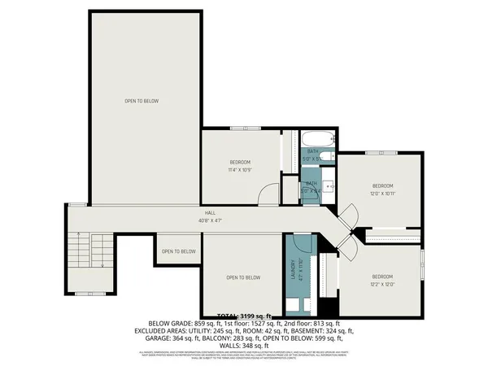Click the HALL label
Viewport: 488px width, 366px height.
(x=209, y=212)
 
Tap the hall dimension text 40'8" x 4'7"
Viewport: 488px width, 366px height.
(x=209, y=220)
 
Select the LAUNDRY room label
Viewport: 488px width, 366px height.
(x=293, y=269)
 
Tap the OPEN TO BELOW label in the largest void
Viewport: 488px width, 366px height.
(x=142, y=101)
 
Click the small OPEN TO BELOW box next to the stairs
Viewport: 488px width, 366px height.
(x=178, y=251)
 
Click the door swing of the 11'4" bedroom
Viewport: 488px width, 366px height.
(x=268, y=194)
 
